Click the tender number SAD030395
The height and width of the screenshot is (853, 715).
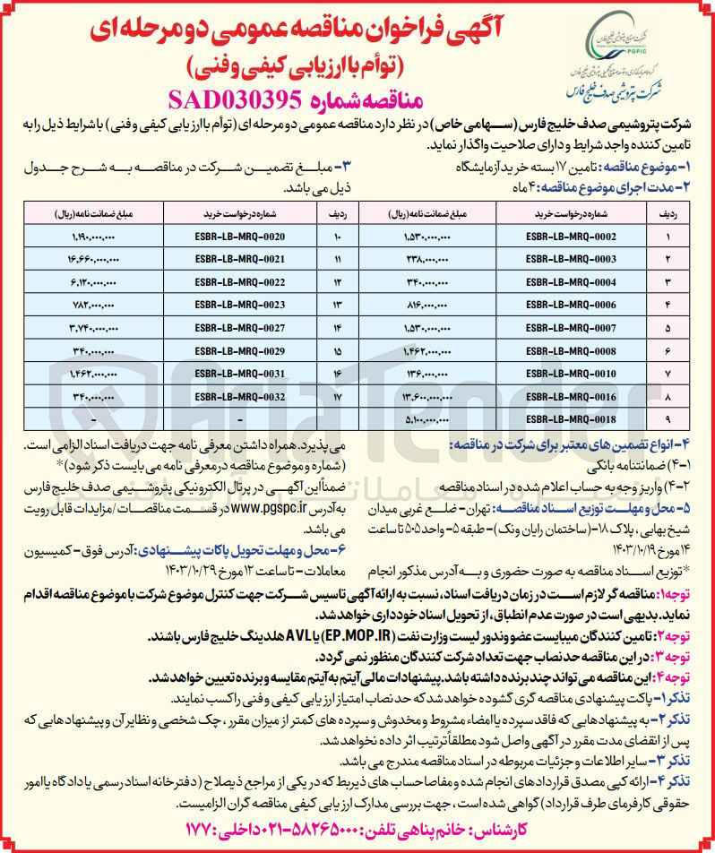tap(244, 97)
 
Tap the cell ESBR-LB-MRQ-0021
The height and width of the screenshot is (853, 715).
tap(239, 258)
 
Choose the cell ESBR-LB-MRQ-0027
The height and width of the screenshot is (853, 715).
tap(239, 326)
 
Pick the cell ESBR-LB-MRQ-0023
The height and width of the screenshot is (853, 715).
tap(239, 303)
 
